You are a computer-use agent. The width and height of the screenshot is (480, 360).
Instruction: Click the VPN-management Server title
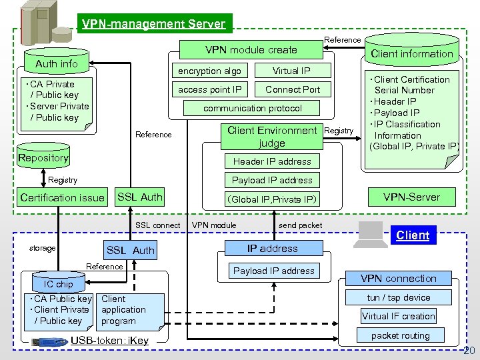point(154,25)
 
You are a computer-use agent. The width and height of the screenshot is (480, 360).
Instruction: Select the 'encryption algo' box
point(209,71)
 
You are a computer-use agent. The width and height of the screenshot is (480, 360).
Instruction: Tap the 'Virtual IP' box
point(291,71)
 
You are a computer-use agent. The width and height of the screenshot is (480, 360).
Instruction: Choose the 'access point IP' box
point(209,89)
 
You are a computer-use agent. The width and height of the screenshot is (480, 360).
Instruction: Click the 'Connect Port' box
point(292,89)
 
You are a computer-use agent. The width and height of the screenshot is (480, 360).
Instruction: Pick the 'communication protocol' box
point(252,108)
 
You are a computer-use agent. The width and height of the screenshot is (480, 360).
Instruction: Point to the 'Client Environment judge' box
point(271,137)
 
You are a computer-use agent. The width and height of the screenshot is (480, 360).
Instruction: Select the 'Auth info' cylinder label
point(56,63)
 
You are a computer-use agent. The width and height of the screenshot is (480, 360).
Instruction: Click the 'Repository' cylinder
point(43,157)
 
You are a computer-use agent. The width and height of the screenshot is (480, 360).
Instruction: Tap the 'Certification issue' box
point(63,197)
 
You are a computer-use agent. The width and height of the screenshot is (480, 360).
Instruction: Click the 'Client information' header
point(411,53)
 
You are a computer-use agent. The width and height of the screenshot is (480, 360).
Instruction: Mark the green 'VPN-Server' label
point(411,197)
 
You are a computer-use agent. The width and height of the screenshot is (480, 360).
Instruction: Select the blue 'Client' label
point(413,235)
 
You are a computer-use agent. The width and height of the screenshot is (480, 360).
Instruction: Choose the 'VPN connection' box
point(399,279)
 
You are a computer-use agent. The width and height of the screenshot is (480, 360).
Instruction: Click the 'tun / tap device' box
point(399,297)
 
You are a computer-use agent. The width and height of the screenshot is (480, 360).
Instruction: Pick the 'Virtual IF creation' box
point(399,316)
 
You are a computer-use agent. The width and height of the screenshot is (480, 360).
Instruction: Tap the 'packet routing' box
point(400,335)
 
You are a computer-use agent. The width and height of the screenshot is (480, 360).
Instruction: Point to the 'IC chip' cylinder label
point(59,284)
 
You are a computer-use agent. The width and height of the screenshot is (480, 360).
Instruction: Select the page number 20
point(469,351)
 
